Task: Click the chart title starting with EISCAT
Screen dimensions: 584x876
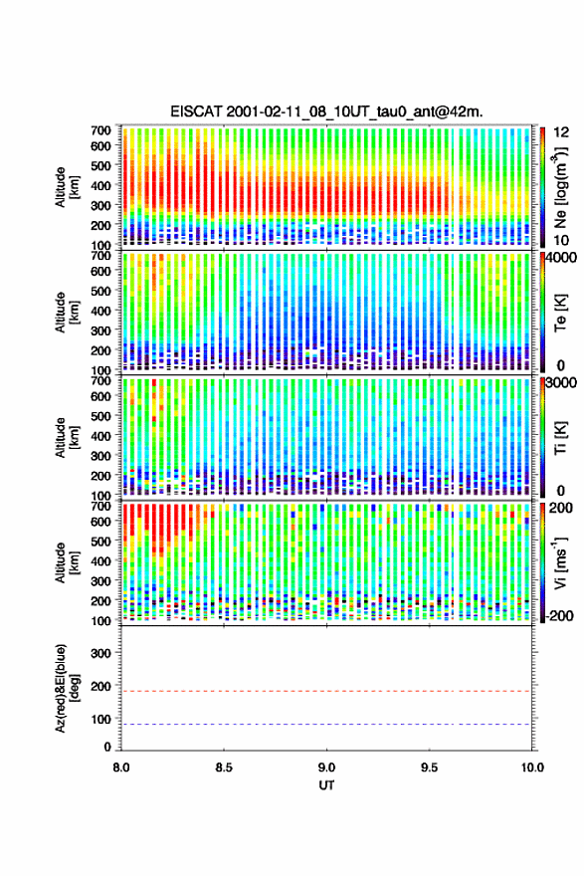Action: (326, 111)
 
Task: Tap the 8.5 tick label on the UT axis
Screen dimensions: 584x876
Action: (224, 767)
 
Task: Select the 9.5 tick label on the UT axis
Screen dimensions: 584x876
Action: (430, 767)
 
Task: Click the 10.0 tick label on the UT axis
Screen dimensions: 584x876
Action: (532, 767)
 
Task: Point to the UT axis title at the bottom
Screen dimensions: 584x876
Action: (326, 785)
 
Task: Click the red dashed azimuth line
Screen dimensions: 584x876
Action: (326, 691)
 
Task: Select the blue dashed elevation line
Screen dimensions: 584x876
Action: (326, 725)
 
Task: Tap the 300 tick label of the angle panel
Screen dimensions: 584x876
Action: (100, 653)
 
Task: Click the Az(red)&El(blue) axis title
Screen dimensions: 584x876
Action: (66, 688)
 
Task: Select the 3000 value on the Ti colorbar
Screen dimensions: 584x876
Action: (561, 383)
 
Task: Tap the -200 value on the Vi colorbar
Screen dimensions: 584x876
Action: (558, 615)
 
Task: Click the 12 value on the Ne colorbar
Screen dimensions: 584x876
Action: (562, 132)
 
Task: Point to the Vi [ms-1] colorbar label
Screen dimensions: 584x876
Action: (560, 562)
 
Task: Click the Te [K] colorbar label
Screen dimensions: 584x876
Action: (560, 314)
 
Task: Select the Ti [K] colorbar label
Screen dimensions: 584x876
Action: (560, 438)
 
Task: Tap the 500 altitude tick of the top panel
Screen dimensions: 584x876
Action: (100, 165)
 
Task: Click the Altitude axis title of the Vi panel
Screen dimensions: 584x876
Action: (66, 562)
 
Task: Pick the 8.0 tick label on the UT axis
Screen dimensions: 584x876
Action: (121, 767)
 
